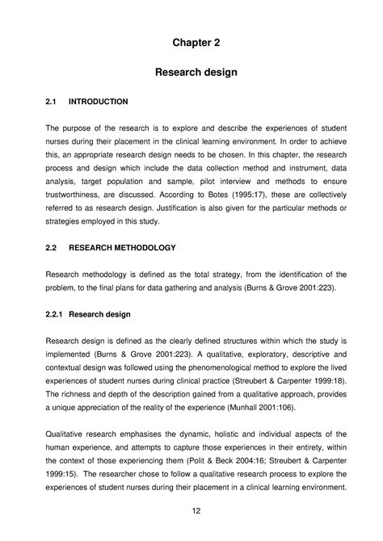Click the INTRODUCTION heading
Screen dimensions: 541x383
(x=99, y=103)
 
